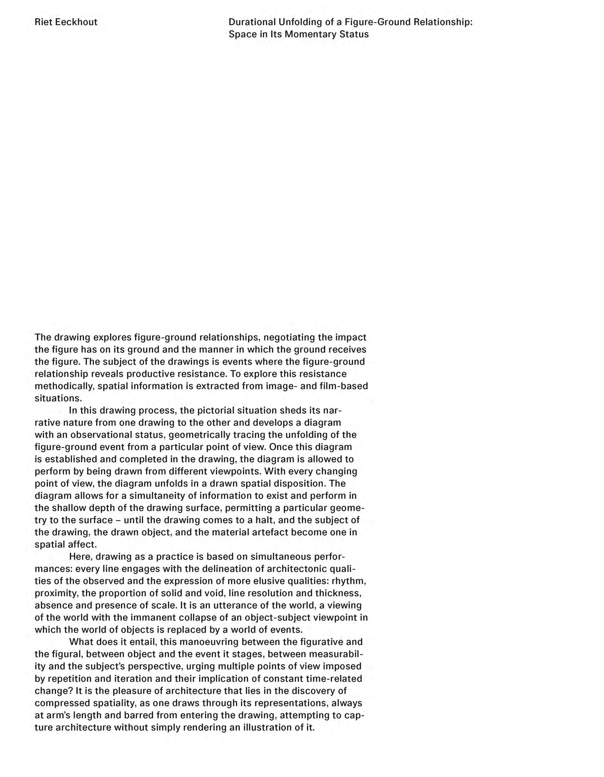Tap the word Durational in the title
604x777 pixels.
pos(252,22)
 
